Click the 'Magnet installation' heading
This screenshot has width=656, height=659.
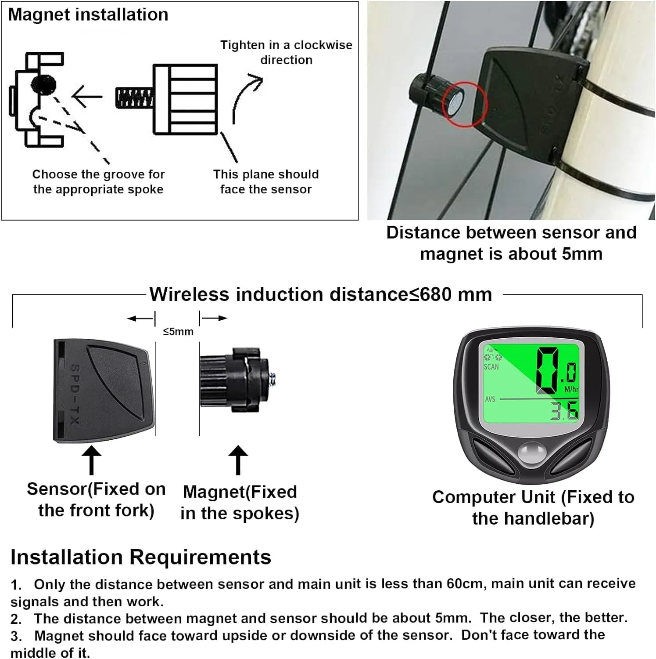(x=88, y=15)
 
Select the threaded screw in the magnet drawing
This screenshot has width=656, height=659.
(x=135, y=98)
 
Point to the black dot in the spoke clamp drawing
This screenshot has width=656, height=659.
(x=43, y=83)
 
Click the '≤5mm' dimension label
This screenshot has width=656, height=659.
(x=178, y=332)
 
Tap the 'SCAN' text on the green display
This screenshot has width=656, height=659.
(x=491, y=367)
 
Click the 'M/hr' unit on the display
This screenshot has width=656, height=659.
(x=571, y=389)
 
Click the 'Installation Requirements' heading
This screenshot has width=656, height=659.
(x=141, y=557)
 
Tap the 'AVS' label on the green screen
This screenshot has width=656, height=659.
(x=490, y=399)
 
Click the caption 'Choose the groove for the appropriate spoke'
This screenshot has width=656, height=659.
(x=98, y=181)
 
